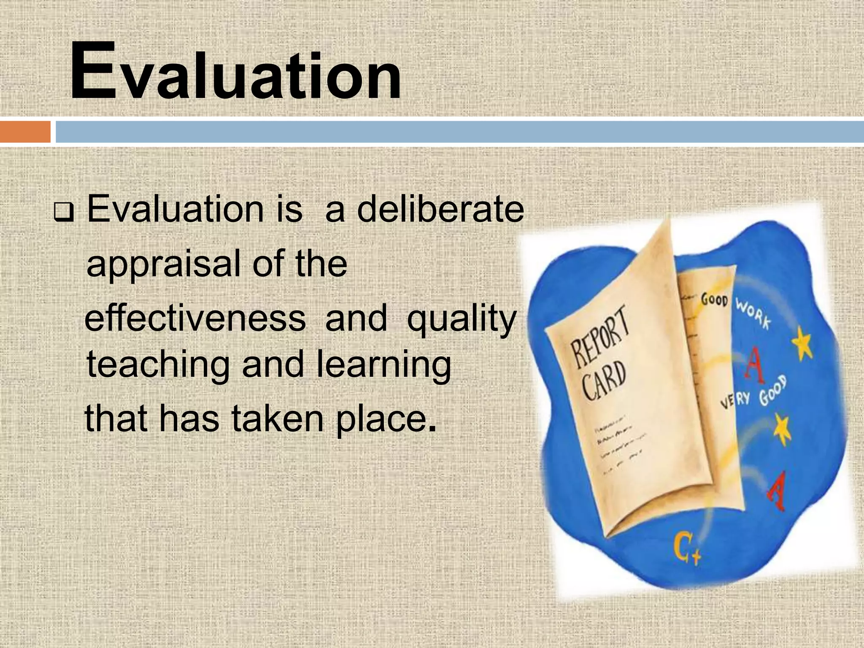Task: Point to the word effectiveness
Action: click(195, 319)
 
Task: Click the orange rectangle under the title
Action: click(25, 132)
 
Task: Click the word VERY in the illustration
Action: click(734, 401)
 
